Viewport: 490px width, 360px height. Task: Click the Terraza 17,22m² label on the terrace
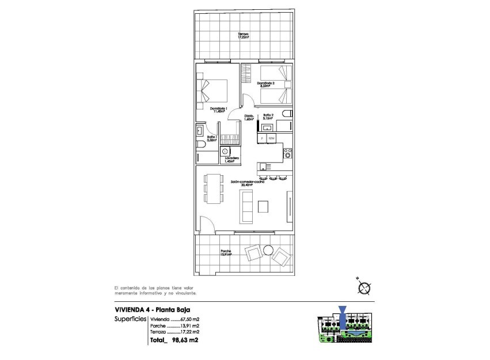coord(244,36)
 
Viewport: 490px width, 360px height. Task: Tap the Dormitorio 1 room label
coord(219,110)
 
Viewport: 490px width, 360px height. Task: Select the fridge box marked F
coord(262,138)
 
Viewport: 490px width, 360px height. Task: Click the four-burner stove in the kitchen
coord(287,153)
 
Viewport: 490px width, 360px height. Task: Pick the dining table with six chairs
coord(214,188)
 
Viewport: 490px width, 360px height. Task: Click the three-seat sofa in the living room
coord(246,207)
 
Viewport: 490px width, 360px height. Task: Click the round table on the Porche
coord(268,249)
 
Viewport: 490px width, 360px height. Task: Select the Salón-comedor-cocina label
coord(248,183)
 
